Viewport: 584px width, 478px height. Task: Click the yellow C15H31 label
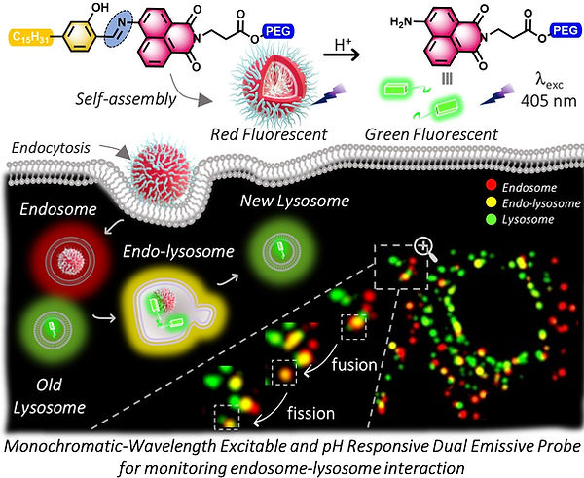[x=30, y=37]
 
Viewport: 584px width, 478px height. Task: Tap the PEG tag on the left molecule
[x=278, y=31]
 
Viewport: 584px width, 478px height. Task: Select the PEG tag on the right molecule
[x=566, y=30]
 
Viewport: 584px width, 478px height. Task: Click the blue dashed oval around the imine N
[x=120, y=28]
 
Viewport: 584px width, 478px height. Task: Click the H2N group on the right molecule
[x=401, y=22]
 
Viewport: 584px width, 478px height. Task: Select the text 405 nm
[x=549, y=100]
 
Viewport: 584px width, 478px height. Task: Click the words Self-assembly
[x=126, y=99]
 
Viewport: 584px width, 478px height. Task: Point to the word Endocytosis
[x=51, y=148]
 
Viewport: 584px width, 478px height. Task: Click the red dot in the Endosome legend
[x=492, y=186]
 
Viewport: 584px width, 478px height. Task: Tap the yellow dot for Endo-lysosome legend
[x=492, y=202]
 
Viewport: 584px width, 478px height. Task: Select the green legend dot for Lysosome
[x=492, y=219]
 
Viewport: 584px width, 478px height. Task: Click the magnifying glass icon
[x=425, y=247]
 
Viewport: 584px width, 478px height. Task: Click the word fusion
[x=354, y=365]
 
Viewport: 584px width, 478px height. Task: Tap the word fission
[x=310, y=413]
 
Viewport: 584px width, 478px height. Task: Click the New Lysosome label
[x=295, y=201]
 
